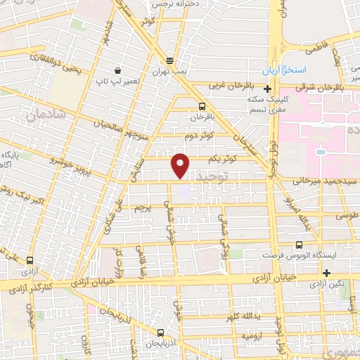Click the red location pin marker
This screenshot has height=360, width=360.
point(181,165)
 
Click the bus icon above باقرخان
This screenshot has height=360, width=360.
point(202,105)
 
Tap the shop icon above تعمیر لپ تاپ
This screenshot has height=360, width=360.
point(117,71)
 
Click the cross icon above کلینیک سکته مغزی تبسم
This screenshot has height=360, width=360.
point(267,89)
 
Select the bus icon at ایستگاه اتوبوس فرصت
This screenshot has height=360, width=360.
point(300,245)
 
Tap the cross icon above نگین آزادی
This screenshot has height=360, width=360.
point(326,273)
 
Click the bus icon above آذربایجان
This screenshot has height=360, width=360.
point(160,333)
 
